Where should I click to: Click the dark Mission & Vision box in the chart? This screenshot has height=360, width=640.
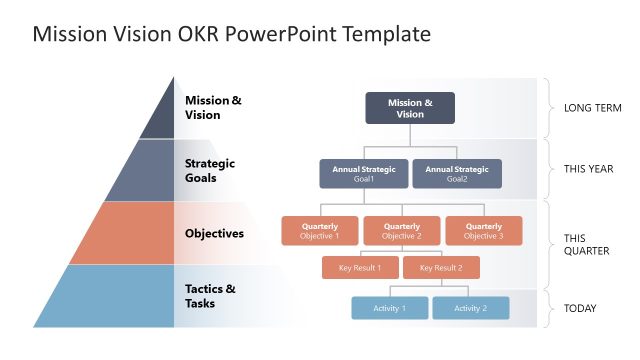coord(410,108)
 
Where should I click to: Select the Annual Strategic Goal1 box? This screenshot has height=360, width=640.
coord(364,174)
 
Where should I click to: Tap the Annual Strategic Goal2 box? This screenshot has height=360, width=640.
coord(457,174)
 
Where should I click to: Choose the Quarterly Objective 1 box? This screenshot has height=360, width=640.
coord(320,231)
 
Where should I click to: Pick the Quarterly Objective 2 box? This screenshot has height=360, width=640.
coord(402,231)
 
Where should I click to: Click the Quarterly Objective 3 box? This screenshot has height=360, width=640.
coord(483,231)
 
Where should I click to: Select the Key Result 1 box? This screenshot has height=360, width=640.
coord(360,268)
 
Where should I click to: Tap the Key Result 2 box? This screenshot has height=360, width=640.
coord(441,268)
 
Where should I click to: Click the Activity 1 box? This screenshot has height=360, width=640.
coord(389,308)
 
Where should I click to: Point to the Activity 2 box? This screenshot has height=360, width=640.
coord(470,308)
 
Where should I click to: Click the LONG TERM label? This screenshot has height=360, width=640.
coord(594,108)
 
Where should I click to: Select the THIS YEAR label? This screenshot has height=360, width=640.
coord(589,169)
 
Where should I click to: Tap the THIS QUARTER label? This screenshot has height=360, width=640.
coord(586,245)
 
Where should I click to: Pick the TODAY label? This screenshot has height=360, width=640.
coord(580,308)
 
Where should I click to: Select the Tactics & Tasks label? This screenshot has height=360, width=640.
coord(211,296)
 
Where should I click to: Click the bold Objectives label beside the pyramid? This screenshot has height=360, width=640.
coord(214,233)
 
